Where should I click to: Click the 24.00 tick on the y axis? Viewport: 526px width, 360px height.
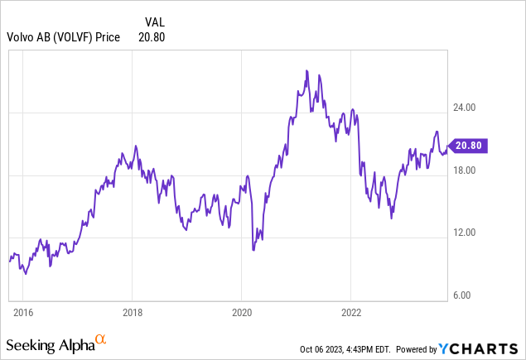[464, 108]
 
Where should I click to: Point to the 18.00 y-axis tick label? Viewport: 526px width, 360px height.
[464, 170]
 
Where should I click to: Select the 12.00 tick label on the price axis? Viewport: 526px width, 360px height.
[464, 233]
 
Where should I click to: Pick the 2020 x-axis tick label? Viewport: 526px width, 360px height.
[241, 314]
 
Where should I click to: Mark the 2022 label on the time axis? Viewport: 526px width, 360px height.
[350, 314]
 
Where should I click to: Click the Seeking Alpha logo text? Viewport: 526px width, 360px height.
[49, 343]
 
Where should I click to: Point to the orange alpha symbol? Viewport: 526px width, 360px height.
[101, 339]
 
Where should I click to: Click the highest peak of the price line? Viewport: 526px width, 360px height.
[306, 71]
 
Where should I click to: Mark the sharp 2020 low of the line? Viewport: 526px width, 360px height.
[253, 249]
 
